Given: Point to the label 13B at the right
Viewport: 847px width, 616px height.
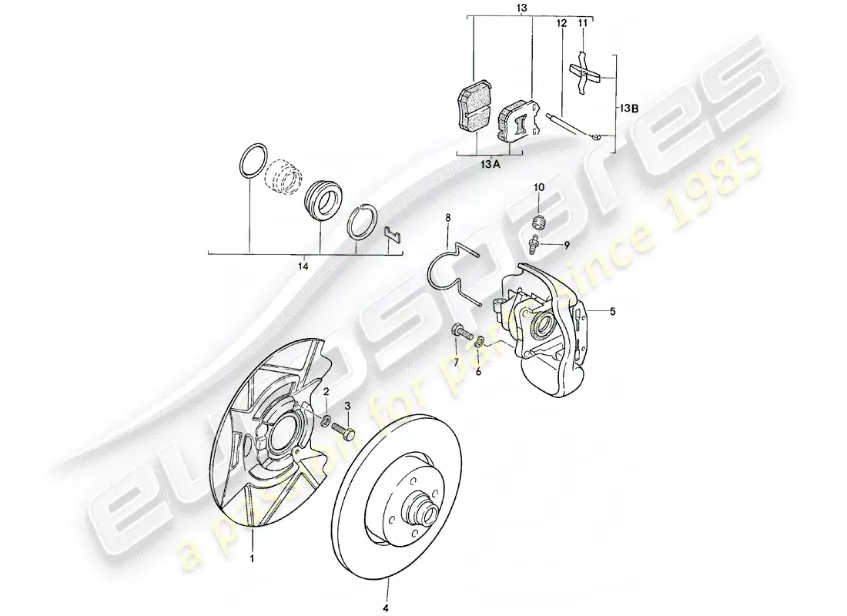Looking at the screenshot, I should click(x=629, y=109).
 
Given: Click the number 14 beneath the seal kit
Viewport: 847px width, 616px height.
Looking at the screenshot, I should click(x=303, y=266).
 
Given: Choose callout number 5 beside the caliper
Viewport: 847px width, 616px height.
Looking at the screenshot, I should click(x=613, y=312).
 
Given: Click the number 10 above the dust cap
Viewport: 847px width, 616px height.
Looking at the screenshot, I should click(x=539, y=187).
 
